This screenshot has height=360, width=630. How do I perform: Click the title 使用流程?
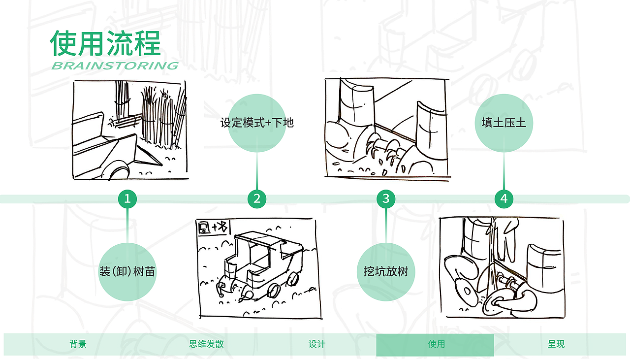(x=105, y=43)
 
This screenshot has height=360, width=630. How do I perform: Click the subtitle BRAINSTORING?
(x=115, y=66)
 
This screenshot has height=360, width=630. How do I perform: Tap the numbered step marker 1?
(x=127, y=199)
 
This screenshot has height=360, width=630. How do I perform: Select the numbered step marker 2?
(x=257, y=199)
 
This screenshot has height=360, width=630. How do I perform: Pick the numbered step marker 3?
(x=386, y=198)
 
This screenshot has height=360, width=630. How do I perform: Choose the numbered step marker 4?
(x=504, y=199)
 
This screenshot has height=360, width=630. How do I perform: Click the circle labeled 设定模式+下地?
(x=257, y=123)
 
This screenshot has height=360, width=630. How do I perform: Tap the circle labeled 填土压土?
(x=504, y=123)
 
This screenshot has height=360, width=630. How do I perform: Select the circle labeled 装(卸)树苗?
(x=127, y=271)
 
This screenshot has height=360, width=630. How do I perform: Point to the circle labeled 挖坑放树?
(x=386, y=271)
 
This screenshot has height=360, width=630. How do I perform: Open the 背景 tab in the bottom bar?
(x=78, y=344)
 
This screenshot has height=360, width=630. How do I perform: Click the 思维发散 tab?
(x=206, y=344)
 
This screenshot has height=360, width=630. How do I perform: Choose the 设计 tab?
(x=316, y=344)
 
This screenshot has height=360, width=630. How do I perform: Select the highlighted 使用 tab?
(x=436, y=344)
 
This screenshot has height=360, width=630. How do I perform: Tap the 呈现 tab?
(x=556, y=344)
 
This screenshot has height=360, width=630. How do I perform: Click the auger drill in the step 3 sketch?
(x=381, y=148)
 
